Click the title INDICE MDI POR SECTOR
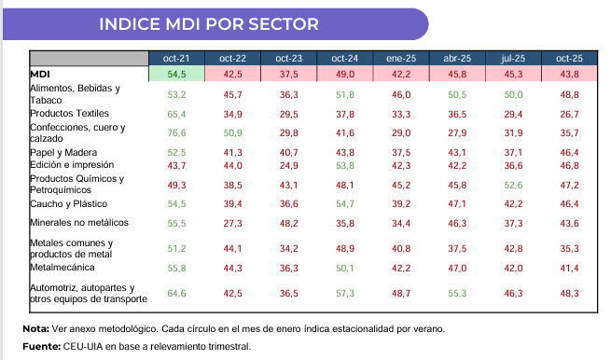(209, 24)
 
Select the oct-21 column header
(176, 59)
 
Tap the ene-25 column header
(401, 59)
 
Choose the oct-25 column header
(569, 59)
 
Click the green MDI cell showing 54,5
(176, 74)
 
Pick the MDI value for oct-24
(345, 74)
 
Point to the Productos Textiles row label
(69, 114)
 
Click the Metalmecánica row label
(62, 268)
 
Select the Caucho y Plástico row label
(69, 203)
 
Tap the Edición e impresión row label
(72, 165)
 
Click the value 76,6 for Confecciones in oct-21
(176, 133)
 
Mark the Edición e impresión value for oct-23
(289, 166)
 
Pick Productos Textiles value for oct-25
(569, 114)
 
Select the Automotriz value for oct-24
(345, 294)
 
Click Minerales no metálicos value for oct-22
(232, 223)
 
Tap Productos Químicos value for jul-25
(513, 185)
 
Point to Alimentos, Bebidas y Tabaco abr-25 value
(457, 95)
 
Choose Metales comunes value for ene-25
(401, 249)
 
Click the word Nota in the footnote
(35, 329)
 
